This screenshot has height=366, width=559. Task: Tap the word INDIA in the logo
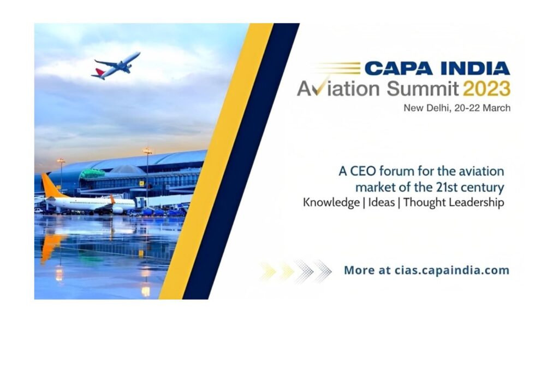coord(475,68)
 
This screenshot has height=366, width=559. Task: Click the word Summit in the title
coord(423,89)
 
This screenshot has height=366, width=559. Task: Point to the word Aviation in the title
coord(338,89)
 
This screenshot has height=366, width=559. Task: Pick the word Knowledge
coord(331,202)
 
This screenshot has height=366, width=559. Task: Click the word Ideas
coord(382,202)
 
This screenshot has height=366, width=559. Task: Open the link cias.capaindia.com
coord(451,270)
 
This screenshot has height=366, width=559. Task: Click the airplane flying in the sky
coord(116,66)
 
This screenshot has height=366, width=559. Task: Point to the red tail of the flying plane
coord(99,73)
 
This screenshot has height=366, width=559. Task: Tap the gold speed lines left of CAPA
coord(338,68)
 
